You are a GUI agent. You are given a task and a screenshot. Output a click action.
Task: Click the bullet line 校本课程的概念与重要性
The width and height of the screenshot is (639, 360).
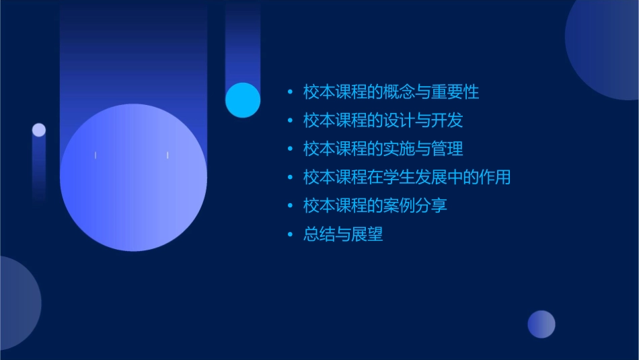[x=391, y=92]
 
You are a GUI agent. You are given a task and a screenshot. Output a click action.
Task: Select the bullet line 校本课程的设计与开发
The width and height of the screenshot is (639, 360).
[x=383, y=120]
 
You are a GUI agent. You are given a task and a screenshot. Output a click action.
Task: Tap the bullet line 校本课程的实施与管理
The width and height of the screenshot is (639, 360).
[x=383, y=149]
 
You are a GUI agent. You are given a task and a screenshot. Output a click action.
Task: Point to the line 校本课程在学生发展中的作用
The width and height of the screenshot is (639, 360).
[x=406, y=177]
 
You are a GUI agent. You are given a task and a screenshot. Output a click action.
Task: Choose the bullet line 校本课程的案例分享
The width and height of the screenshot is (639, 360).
[x=375, y=205]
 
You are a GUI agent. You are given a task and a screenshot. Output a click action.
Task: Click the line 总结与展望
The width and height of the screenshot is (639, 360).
[x=343, y=234]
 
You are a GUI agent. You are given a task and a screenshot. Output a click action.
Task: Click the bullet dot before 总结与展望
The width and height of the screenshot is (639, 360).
[x=291, y=235]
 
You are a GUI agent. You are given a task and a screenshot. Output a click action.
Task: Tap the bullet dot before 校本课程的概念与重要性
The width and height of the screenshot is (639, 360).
[x=291, y=92]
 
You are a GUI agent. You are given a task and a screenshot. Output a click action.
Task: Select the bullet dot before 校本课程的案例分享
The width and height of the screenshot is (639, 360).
[x=291, y=206]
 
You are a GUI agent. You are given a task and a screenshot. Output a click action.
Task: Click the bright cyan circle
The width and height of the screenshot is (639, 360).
[x=243, y=100]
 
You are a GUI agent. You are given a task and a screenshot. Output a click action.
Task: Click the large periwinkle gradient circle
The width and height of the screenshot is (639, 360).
[x=133, y=178]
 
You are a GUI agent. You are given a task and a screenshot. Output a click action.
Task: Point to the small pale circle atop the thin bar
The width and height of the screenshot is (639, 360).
[x=39, y=130]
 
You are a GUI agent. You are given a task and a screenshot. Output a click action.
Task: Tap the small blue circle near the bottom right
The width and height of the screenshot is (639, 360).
[x=541, y=324]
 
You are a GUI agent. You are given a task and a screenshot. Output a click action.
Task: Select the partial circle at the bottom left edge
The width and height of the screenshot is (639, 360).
[x=16, y=303]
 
